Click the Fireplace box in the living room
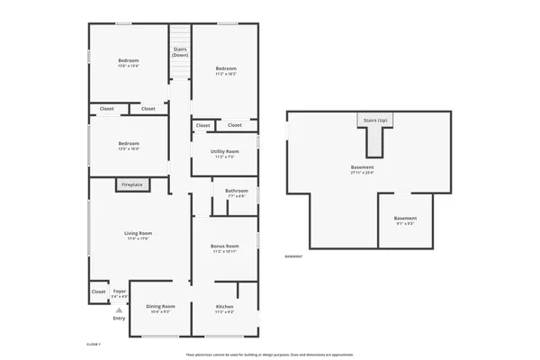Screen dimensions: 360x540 click(x=132, y=184)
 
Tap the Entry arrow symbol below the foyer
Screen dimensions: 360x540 click(x=119, y=310)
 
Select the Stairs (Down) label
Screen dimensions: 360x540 click(x=180, y=52)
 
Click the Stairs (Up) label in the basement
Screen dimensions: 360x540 click(x=375, y=120)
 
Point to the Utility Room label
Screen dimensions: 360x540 click(x=224, y=151)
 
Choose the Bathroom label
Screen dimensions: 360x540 click(x=237, y=190)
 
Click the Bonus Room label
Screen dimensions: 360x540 click(x=224, y=246)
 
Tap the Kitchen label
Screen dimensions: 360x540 click(x=224, y=307)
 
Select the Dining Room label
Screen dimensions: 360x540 click(x=160, y=307)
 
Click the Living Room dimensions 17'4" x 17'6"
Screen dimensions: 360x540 click(x=137, y=238)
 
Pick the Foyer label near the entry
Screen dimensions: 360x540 click(x=119, y=291)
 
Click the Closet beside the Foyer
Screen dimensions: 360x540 click(x=98, y=292)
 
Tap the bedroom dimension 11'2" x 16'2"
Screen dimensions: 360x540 click(x=225, y=74)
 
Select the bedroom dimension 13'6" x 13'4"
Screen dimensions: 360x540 click(x=129, y=66)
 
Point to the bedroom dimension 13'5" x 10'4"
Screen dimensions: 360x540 click(x=129, y=148)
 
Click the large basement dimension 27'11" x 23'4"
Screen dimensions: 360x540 click(x=362, y=172)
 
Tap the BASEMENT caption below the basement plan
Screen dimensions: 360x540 click(x=293, y=257)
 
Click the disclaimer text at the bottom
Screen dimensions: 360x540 click(x=269, y=355)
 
